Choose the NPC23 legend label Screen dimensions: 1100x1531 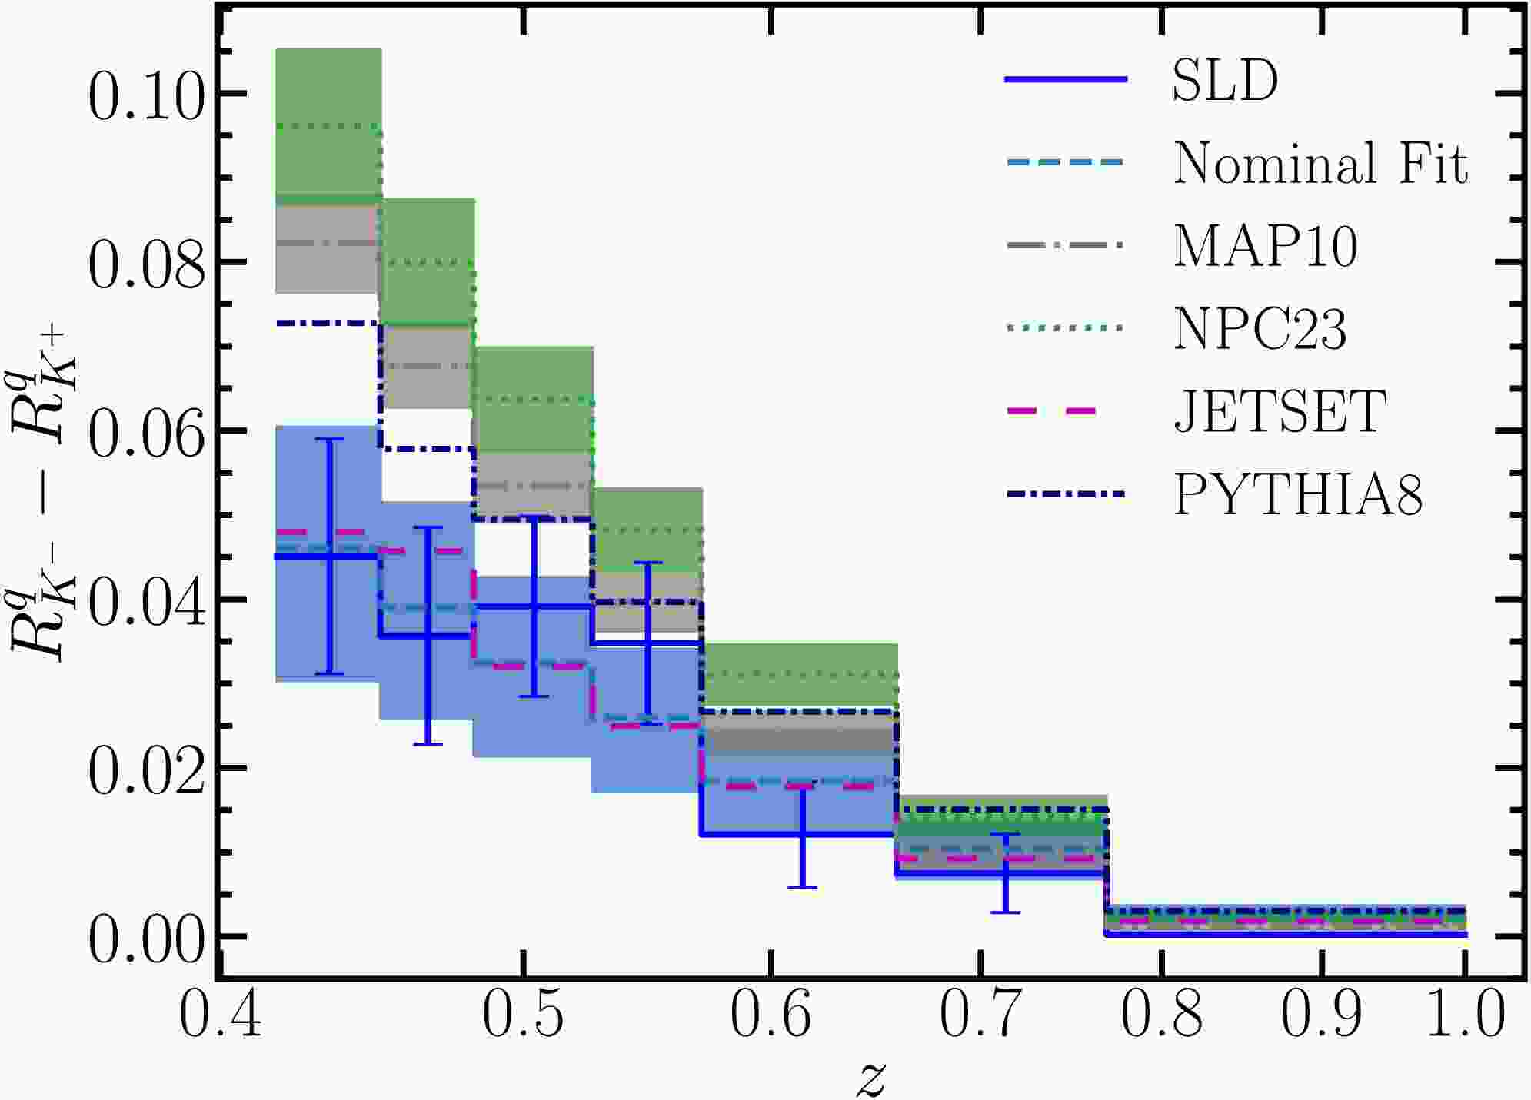[1260, 329]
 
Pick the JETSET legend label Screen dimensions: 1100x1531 [1280, 412]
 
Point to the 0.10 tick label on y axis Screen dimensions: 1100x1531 [147, 98]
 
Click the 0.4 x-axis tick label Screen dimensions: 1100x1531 [220, 1015]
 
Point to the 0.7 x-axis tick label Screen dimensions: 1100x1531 [980, 1015]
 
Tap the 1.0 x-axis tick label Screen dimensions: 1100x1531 [1464, 1015]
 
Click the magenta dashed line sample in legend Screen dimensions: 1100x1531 [1065, 412]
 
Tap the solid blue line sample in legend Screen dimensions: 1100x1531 [1065, 80]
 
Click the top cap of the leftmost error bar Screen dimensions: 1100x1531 [329, 439]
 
